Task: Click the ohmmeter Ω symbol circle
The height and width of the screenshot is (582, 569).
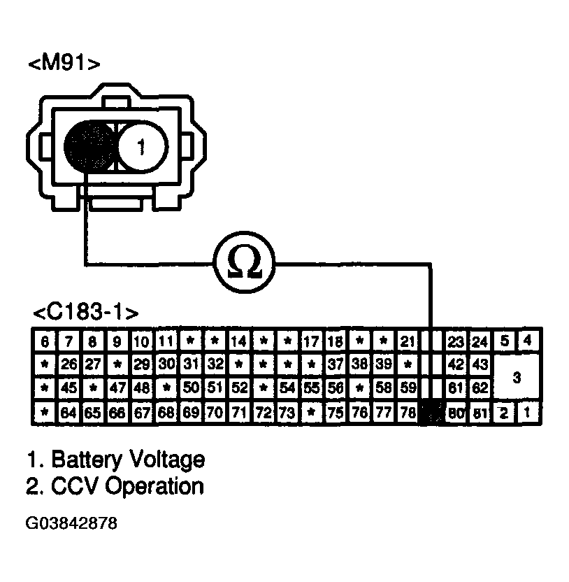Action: [245, 264]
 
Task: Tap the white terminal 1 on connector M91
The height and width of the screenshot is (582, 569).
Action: [141, 147]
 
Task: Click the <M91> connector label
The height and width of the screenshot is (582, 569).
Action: [64, 64]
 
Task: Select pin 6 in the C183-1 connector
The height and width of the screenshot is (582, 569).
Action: [45, 342]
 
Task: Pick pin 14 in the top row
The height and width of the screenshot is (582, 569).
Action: [239, 342]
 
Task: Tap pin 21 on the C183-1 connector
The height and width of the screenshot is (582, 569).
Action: [407, 342]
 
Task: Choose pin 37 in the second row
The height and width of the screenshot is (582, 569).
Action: [336, 365]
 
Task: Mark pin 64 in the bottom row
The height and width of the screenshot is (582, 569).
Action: [69, 412]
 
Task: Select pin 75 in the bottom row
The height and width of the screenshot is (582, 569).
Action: [336, 412]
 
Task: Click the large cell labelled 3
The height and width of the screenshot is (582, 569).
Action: [517, 378]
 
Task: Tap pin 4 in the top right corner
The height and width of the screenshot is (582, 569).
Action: [528, 341]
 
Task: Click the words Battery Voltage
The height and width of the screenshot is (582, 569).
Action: [129, 460]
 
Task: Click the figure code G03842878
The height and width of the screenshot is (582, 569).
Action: [73, 523]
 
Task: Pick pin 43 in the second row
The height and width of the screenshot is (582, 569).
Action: [480, 365]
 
